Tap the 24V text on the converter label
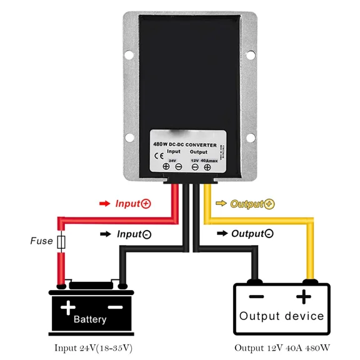coord(173,160)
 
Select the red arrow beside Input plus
coord(104,204)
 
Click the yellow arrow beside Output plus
coord(221,204)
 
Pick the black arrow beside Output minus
coord(222,234)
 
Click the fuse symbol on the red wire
coord(61,241)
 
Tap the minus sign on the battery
coord(114,307)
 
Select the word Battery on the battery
coord(90,319)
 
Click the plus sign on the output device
coord(304,296)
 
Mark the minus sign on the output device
coord(256,296)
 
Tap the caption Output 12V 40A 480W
coord(282,347)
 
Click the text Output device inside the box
coord(281,316)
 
